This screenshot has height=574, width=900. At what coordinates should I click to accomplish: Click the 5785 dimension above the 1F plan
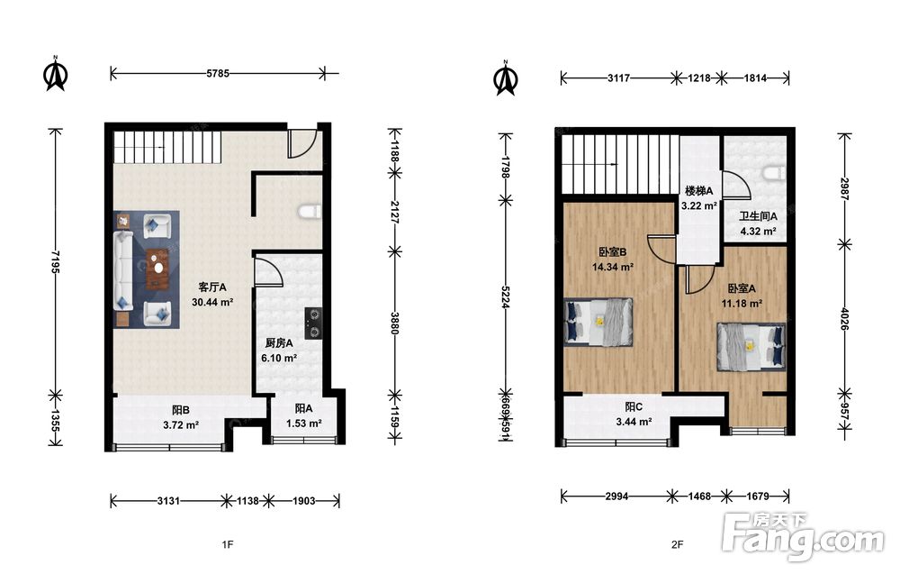point(218,73)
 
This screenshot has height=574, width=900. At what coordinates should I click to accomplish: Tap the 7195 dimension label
point(55,260)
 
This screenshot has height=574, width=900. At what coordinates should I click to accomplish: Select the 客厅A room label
point(212,287)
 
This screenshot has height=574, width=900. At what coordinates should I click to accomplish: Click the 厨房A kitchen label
point(279,343)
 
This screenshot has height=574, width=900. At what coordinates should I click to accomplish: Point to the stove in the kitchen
point(313,323)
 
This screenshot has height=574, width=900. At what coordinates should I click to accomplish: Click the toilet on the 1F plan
point(310,212)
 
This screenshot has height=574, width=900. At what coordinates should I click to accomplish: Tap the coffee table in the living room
point(157,269)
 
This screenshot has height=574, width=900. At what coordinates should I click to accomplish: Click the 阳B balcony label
point(180,410)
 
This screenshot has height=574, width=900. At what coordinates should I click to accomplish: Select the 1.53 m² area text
point(303,424)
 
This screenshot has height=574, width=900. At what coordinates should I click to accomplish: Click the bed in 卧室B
point(598,322)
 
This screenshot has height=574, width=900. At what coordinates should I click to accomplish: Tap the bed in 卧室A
point(751,346)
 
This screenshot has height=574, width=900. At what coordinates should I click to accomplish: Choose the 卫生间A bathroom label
point(758,216)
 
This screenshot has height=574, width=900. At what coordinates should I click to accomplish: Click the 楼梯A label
point(698,191)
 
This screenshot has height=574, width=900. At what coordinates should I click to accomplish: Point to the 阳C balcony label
point(633,406)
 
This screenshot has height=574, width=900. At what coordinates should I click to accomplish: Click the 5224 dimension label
point(506,297)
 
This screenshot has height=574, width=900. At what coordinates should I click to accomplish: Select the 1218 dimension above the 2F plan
point(698,77)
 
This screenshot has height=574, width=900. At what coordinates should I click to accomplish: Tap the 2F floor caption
point(678,544)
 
